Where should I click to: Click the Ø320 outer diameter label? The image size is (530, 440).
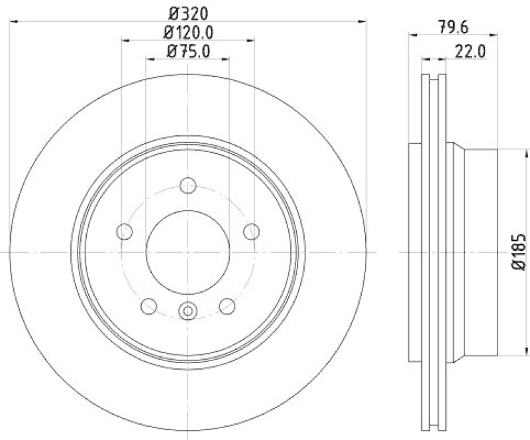coord(187,11)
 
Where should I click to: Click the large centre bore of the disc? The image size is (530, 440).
coord(187,252)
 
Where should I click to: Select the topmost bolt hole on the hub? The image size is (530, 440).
coord(187,185)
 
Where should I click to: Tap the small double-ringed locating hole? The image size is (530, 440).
coord(187,309)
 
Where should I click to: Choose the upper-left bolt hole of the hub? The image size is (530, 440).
coord(124,231)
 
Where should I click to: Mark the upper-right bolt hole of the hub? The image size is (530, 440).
coord(251,231)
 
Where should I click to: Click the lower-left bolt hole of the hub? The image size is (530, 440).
coord(148,306)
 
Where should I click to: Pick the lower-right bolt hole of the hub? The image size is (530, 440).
coord(227,306)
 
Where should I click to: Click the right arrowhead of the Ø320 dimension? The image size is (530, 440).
coord(362,21)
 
